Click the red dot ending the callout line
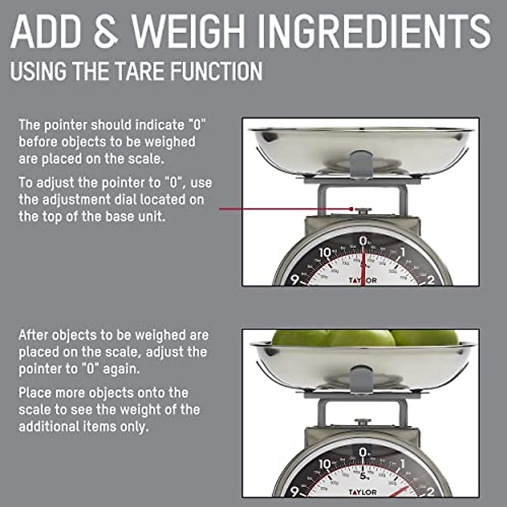coord(352,209)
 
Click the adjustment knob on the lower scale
coord(363,422)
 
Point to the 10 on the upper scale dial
coord(324,253)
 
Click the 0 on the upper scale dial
coord(363,241)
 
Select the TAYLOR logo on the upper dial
coord(363,280)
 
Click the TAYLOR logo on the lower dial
coord(363,492)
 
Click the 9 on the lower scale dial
coord(295,491)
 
